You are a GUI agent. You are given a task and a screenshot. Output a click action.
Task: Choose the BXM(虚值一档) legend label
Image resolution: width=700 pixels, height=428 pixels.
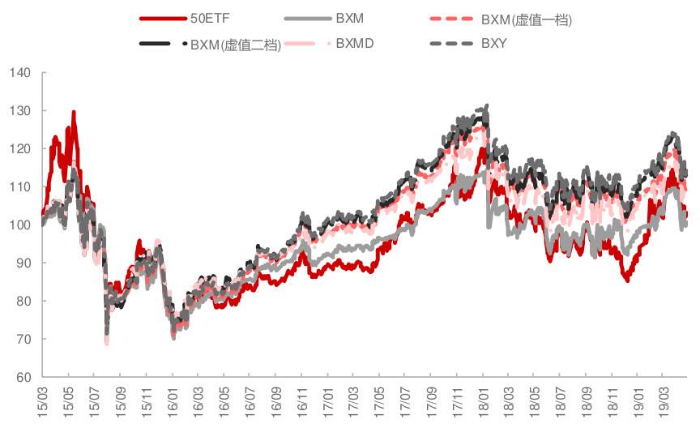(x=526, y=19)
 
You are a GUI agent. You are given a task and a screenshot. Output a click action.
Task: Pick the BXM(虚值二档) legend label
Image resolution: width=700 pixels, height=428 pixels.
(x=236, y=44)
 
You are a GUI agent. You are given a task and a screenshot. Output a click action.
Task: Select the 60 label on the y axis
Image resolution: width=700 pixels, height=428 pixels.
(x=23, y=377)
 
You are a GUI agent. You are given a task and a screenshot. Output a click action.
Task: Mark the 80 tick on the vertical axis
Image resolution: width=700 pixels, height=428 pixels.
(x=23, y=301)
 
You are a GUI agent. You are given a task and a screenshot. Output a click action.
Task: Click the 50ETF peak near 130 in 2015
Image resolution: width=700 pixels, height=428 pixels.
(x=74, y=113)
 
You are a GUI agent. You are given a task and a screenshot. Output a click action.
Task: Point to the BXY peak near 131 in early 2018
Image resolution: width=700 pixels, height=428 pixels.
(x=486, y=105)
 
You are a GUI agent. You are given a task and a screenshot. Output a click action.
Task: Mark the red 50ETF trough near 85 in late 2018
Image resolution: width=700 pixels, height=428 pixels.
(x=626, y=280)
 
